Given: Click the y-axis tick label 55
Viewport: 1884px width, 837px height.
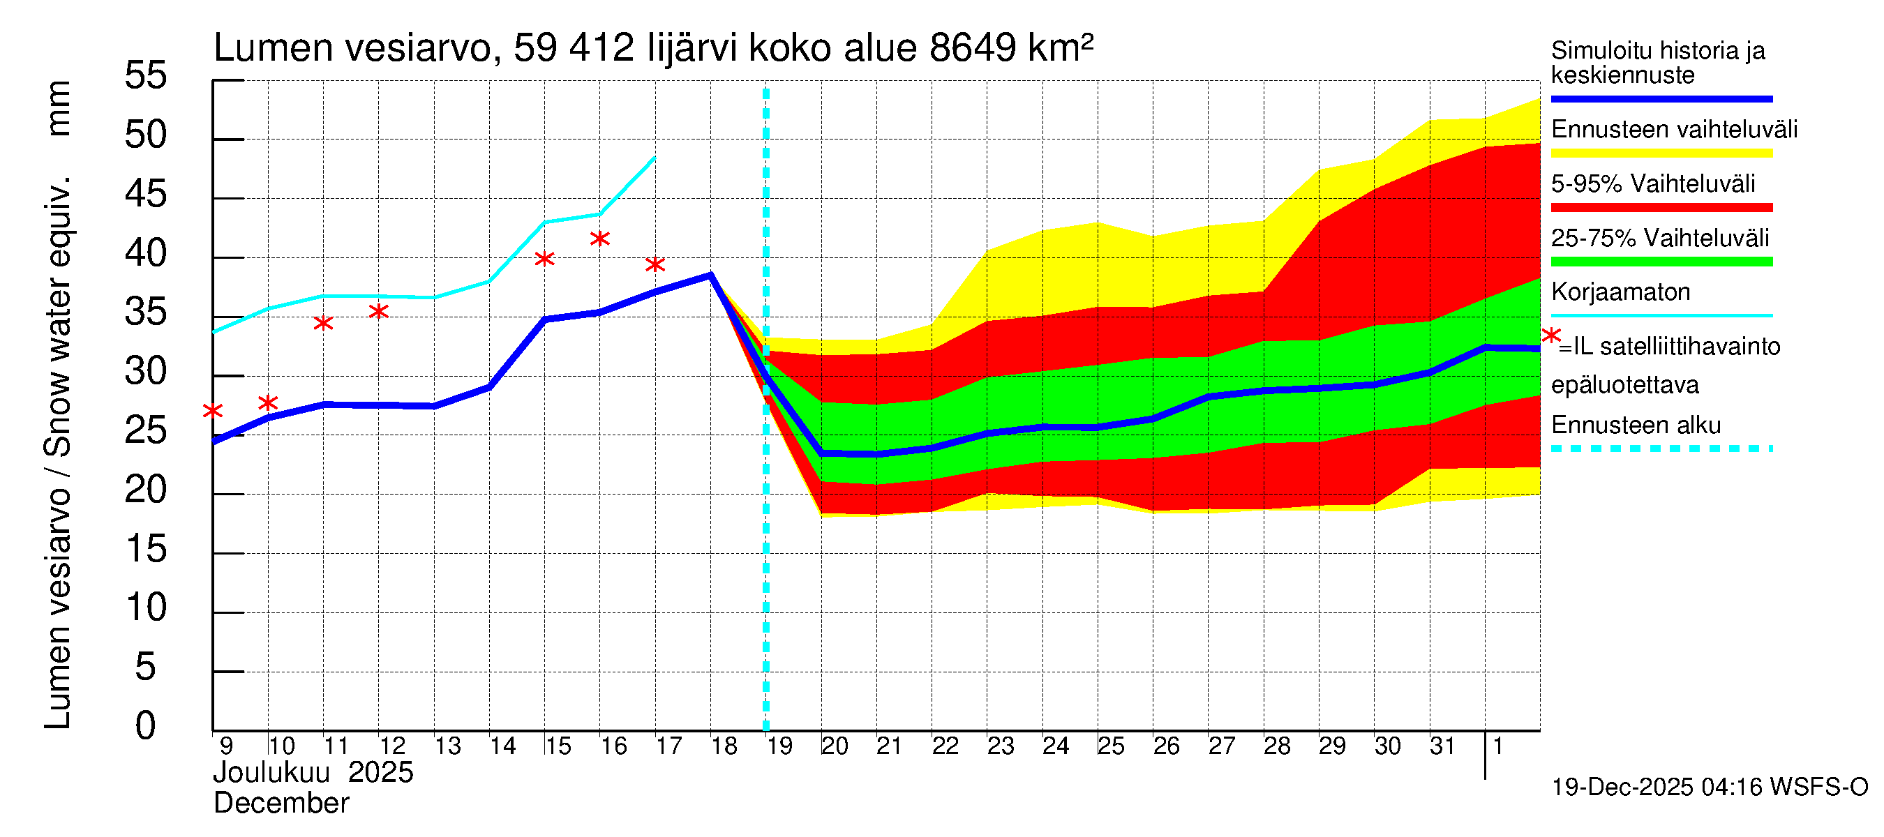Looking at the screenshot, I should [146, 75].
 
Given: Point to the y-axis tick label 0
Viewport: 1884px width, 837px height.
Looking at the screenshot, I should [146, 726].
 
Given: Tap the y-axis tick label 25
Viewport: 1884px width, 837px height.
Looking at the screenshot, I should [146, 430].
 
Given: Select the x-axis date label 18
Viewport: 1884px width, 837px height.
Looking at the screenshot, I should [724, 746].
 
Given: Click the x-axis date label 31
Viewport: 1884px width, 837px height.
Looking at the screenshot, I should [1442, 746].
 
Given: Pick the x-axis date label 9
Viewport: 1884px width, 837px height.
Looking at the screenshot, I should [226, 746].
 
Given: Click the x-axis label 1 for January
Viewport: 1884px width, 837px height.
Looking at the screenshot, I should [1498, 746].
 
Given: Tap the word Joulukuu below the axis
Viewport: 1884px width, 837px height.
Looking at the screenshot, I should [271, 773].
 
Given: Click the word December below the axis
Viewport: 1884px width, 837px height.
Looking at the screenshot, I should [281, 804].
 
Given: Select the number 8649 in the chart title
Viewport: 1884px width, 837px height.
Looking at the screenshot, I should [972, 48].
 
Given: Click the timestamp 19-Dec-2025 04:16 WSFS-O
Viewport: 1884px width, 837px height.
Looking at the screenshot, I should [1709, 787].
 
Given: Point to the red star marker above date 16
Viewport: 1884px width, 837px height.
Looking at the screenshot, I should [599, 239].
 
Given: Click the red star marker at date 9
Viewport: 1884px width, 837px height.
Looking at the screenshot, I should [213, 411].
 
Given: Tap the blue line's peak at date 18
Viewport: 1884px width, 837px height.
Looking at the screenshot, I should [711, 275].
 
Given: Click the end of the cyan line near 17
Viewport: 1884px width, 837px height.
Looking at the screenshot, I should [654, 158].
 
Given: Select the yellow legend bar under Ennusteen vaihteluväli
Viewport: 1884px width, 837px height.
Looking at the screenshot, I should [1661, 153].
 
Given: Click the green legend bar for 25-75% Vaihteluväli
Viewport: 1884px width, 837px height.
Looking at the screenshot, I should [1661, 262].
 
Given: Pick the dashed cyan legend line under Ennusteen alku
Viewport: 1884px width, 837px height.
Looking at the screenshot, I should [1661, 448].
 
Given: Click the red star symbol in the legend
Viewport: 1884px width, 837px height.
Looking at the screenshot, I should [1550, 336].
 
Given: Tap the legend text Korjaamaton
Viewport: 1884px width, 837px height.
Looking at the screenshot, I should [1620, 292].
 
